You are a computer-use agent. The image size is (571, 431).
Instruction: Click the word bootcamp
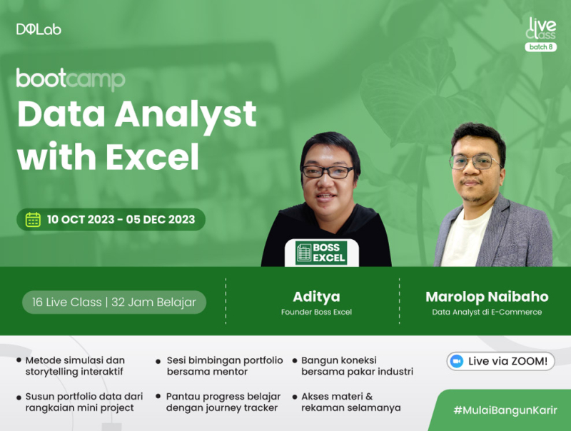(x=71, y=78)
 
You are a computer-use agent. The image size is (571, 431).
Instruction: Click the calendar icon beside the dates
(x=33, y=219)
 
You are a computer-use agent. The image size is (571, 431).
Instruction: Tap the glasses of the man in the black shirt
(x=328, y=172)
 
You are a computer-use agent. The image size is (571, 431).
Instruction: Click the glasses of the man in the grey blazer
(x=474, y=162)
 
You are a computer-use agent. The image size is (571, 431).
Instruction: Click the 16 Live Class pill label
(x=114, y=303)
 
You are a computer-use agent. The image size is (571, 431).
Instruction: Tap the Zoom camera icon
(x=457, y=361)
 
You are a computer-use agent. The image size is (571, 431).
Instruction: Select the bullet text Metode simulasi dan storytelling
(x=75, y=366)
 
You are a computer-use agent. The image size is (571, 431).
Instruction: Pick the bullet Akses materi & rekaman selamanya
(x=350, y=402)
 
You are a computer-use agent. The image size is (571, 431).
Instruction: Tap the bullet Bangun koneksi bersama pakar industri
(x=357, y=366)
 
